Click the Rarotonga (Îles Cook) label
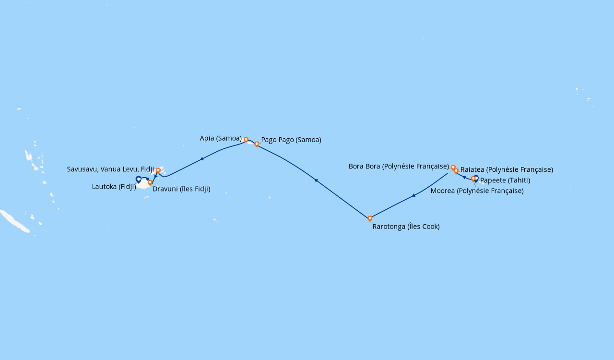[406, 227]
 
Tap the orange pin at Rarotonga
[370, 219]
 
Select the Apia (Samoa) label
[221, 138]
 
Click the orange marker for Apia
[246, 140]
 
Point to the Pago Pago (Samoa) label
[291, 140]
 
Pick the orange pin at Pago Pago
[257, 144]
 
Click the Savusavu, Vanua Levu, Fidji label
[110, 169]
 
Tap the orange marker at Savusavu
[158, 171]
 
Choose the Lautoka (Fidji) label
[114, 187]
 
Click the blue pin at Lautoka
[139, 180]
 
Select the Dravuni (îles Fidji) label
[181, 189]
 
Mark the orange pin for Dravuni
[150, 183]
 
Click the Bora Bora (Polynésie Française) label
[399, 166]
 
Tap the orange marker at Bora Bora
[453, 168]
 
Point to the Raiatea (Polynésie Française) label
[507, 169]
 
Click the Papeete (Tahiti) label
[505, 180]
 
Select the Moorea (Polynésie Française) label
[477, 191]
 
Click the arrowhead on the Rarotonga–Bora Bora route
[413, 196]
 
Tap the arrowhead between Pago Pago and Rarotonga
[316, 180]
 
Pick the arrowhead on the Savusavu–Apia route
[202, 159]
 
